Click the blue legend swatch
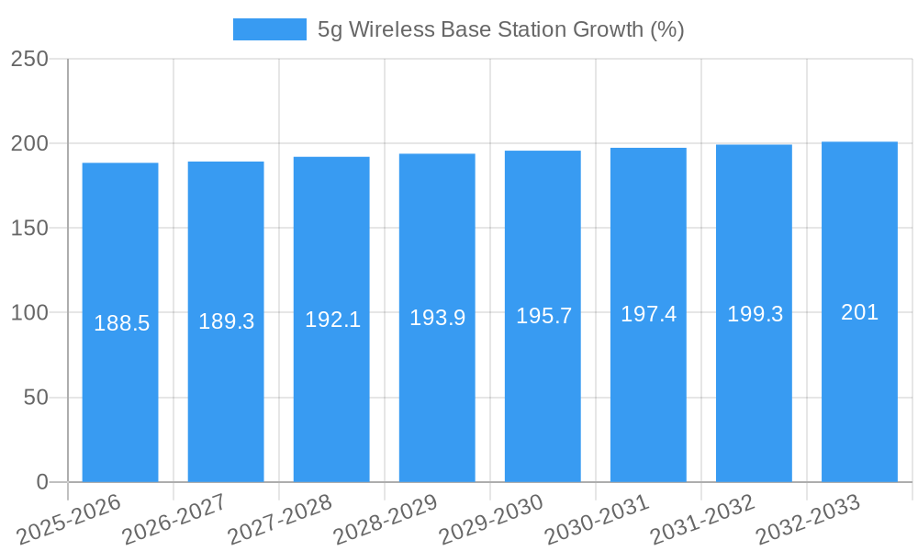coord(269,29)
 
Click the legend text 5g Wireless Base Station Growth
coord(500,29)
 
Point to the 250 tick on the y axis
coord(29,59)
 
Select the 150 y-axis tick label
coord(29,228)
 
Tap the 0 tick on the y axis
coord(42,482)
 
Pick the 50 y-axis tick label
coord(36,398)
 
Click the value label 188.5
coord(121,323)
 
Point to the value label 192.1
coord(332,320)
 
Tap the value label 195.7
coord(543,316)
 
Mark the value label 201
coord(859,312)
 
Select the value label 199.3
coord(755,314)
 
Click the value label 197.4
coord(648,314)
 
